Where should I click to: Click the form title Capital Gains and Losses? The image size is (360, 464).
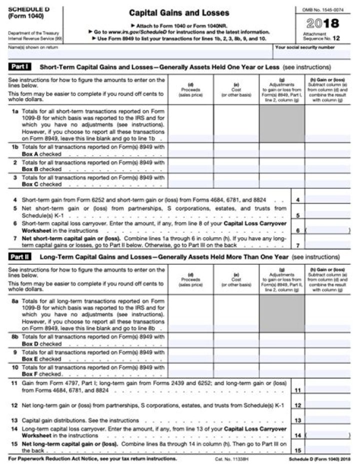[179, 13]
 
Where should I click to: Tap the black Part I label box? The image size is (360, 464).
[20, 67]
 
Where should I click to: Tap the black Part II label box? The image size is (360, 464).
[20, 257]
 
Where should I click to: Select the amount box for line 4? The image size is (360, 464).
[327, 200]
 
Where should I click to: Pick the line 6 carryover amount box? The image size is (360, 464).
[327, 230]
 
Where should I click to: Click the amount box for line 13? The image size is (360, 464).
[327, 420]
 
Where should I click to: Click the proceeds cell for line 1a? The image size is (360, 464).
[190, 123]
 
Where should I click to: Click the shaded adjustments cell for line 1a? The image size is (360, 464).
[282, 123]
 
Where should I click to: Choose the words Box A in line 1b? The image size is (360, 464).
[31, 154]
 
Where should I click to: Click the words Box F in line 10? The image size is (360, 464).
[31, 374]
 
